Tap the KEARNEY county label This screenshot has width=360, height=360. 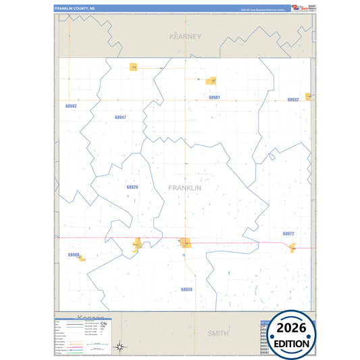(185, 36)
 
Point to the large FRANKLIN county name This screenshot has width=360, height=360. (184, 188)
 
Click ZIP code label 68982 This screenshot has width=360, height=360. (72, 107)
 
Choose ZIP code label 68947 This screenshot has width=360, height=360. (120, 118)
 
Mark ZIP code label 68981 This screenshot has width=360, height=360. (214, 98)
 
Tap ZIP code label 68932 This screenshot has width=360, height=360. (292, 100)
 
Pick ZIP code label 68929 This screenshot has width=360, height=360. (132, 187)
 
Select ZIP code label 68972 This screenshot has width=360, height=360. (288, 234)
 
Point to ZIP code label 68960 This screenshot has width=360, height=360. (74, 255)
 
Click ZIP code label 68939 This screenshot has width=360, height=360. (186, 289)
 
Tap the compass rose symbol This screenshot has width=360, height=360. (119, 347)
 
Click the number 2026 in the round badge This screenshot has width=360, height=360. (292, 328)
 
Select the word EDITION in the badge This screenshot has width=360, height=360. (292, 343)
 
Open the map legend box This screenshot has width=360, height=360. (82, 335)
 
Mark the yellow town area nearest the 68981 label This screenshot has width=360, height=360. (211, 81)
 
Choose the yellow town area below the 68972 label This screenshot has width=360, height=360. (292, 248)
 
